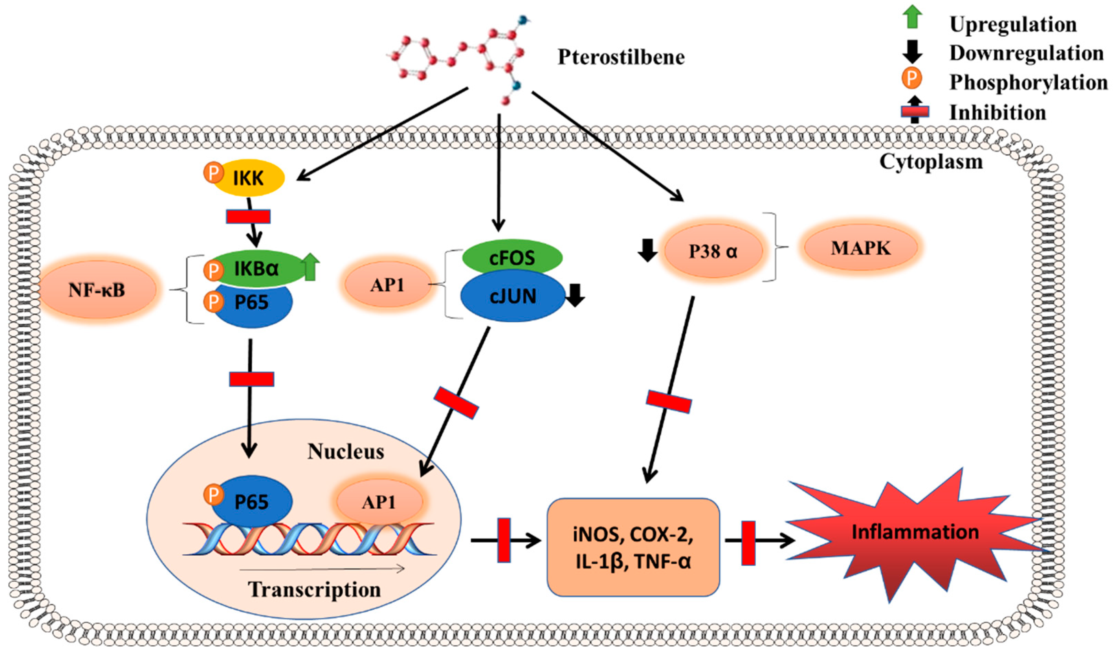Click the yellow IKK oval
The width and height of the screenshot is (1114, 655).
click(x=249, y=178)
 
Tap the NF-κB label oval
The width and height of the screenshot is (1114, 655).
click(x=98, y=289)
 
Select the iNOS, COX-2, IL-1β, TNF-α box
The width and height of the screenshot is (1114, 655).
click(x=633, y=547)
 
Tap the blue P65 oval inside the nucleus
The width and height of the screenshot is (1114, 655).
click(x=252, y=501)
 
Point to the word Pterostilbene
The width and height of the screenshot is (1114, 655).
click(x=621, y=57)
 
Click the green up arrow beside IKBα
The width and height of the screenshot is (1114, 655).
click(x=310, y=267)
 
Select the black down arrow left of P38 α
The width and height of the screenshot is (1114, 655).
click(x=647, y=250)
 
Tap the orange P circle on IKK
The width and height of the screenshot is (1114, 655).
click(x=214, y=173)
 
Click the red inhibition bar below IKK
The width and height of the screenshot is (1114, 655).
click(x=248, y=216)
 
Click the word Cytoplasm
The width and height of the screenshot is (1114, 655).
click(x=931, y=162)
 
